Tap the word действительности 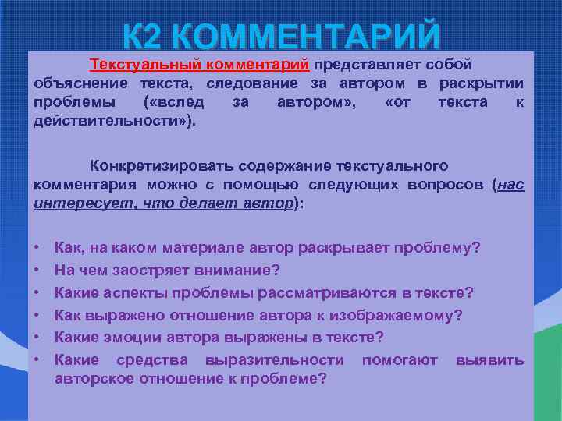click(x=110, y=122)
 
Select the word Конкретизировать click(x=161, y=165)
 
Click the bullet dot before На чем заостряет click(x=38, y=271)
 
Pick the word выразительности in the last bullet click(x=275, y=359)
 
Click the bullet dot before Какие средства click(x=38, y=359)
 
